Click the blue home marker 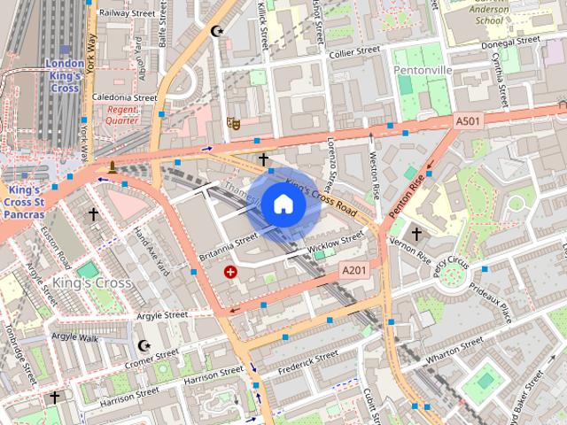tap(283, 204)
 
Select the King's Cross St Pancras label tap(23, 201)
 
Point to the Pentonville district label tap(423, 68)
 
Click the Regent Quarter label tap(122, 114)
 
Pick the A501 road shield tap(468, 120)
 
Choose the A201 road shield tap(353, 270)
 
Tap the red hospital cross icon tap(231, 272)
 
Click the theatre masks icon tap(234, 123)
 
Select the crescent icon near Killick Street tap(217, 31)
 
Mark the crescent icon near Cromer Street tap(144, 344)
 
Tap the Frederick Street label tap(307, 361)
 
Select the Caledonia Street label tap(124, 97)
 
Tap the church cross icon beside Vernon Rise tap(416, 234)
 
